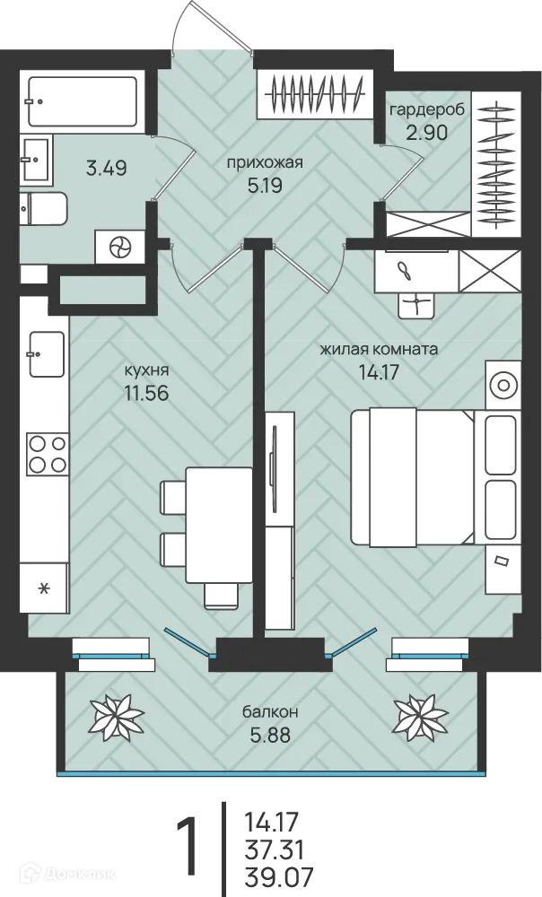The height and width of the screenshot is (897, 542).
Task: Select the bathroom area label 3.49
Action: tap(107, 169)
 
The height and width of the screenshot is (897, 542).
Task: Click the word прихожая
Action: tap(265, 163)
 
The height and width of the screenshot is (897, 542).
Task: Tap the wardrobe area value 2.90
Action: tap(426, 133)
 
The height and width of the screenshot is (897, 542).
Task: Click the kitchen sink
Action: tap(47, 354)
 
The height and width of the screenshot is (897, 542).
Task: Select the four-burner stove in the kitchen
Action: tap(47, 454)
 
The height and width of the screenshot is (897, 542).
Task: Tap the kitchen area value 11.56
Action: tap(146, 394)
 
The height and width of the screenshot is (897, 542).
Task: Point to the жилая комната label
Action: tap(379, 349)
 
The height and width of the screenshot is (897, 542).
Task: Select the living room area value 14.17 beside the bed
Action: tap(379, 373)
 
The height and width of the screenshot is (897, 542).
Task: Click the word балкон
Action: tap(270, 712)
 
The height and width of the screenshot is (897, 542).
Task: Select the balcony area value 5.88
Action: tap(270, 735)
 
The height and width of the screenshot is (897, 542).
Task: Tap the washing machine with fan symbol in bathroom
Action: tap(121, 248)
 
